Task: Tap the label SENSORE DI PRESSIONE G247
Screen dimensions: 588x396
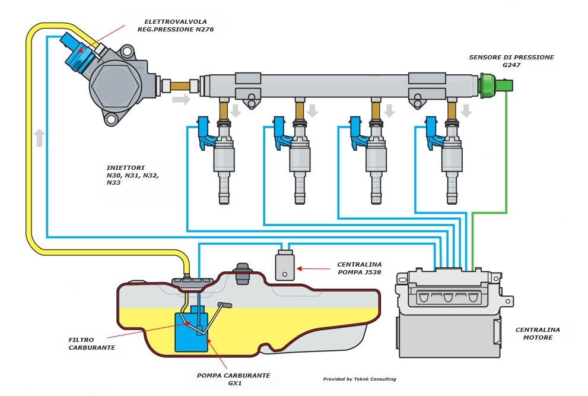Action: pos(511,61)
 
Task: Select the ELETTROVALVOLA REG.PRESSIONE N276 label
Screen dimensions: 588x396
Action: pos(176,26)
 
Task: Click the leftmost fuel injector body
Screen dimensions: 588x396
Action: pos(224,161)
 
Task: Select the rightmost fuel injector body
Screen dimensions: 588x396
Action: pos(452,161)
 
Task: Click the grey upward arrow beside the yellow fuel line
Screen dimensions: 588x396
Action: pos(40,138)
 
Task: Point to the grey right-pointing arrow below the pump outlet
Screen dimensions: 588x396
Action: pos(182,100)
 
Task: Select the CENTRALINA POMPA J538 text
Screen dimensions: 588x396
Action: pos(359,268)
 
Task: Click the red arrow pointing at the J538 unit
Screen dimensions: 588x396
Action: pos(313,268)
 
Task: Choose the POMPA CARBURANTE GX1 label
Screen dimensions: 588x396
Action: pos(234,379)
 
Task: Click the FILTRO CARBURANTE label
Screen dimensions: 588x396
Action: pos(91,344)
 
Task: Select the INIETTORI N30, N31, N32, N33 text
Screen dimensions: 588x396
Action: pos(133,175)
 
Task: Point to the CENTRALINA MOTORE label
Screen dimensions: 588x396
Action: pos(538,334)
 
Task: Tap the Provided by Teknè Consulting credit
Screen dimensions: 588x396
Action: pos(360,379)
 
